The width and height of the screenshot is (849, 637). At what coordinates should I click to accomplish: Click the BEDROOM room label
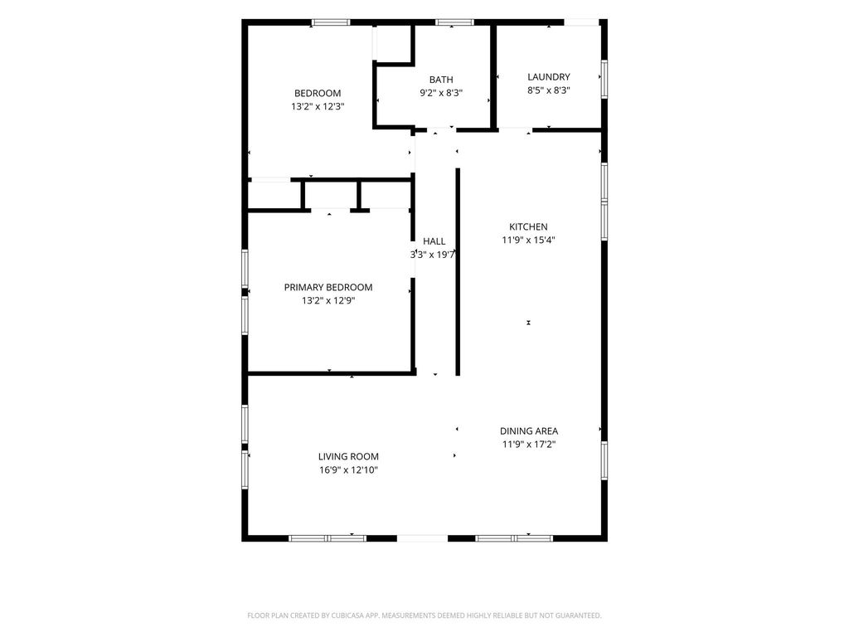tap(318, 93)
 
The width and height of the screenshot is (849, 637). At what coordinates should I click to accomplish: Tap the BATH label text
tap(441, 80)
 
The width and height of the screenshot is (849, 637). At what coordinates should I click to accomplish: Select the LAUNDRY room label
tap(549, 77)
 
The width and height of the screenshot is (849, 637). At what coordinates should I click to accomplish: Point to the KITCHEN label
tap(528, 226)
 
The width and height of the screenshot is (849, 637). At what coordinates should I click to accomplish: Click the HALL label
tap(434, 241)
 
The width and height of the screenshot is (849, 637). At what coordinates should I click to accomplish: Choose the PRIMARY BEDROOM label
tap(328, 287)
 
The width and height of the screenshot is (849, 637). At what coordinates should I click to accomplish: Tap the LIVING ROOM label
tap(348, 457)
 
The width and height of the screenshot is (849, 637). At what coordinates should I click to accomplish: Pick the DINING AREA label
tap(529, 431)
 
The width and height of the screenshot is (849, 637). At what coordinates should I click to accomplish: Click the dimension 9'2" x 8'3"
tap(441, 93)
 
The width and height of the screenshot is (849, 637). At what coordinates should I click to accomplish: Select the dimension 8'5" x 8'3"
tap(549, 90)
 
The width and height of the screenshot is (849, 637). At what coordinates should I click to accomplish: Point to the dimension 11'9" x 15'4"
tap(528, 240)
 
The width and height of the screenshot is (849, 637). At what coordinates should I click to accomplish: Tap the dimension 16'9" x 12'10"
tap(348, 470)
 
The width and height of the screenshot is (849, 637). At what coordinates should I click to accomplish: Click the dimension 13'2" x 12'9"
tap(328, 300)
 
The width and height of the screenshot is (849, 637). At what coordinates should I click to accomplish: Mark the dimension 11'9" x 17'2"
tap(529, 445)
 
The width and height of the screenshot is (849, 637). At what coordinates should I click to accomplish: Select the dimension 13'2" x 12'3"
tap(318, 107)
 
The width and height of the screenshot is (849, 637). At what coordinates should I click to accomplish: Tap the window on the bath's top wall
tap(455, 22)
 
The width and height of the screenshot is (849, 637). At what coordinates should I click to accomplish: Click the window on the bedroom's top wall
tap(331, 22)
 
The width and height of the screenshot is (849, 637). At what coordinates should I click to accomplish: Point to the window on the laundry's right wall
tap(604, 79)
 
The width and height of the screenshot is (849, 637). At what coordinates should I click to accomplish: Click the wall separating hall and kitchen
tap(458, 272)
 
